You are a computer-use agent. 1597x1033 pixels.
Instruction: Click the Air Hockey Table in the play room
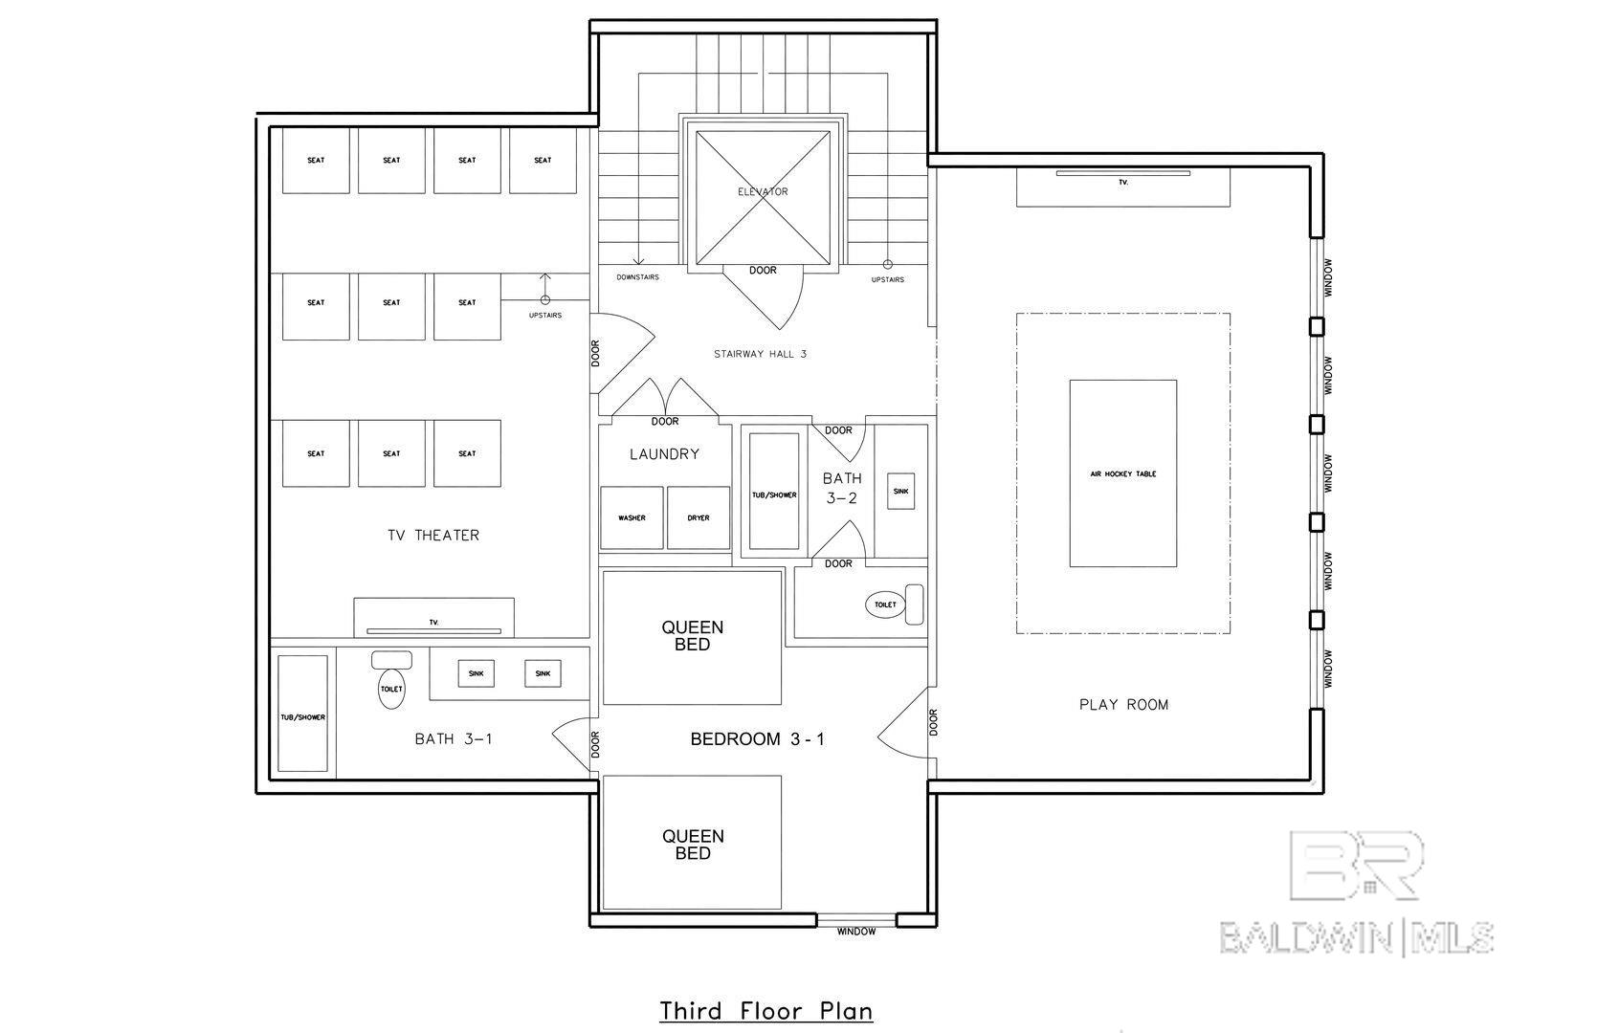click(1123, 473)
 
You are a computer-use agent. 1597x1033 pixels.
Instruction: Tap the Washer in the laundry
click(632, 518)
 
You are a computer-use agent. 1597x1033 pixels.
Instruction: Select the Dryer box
click(698, 518)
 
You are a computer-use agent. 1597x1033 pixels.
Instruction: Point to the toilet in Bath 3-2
click(894, 604)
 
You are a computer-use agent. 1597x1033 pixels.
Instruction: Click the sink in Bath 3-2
click(901, 492)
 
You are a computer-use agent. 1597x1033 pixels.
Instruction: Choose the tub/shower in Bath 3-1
click(302, 714)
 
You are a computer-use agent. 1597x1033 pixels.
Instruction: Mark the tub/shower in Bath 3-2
click(774, 492)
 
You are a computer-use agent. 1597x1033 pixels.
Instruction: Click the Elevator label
click(763, 191)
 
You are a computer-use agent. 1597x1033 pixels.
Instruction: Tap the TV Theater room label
click(433, 536)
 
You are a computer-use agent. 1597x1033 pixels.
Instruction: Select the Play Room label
click(1123, 705)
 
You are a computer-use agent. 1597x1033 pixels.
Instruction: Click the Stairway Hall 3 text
click(760, 354)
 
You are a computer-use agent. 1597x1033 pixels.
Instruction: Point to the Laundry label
click(664, 454)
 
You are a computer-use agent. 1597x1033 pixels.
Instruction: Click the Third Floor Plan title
click(766, 1011)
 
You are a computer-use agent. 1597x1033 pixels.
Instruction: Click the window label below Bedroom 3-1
click(856, 932)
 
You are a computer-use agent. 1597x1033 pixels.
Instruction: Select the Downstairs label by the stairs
click(637, 277)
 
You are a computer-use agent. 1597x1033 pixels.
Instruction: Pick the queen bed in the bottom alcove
click(692, 843)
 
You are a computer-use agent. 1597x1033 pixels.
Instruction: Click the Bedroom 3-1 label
click(758, 739)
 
